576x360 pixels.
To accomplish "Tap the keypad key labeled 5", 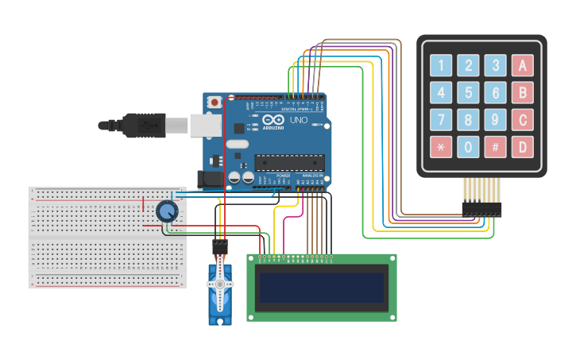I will coord(469,92).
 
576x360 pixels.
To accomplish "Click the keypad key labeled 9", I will coord(496,119).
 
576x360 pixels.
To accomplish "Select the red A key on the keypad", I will coord(522,65).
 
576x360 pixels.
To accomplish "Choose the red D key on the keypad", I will coord(522,146).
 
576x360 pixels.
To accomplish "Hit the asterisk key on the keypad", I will coord(442,146).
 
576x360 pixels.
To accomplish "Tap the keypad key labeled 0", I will coord(469,146).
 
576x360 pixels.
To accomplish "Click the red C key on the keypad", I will coord(522,119).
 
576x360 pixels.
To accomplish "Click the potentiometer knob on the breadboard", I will coord(167,211).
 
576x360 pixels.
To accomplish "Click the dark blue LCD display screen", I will coord(321,288).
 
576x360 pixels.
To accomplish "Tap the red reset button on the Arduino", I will coord(215,102).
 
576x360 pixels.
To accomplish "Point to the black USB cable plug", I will coord(143,125).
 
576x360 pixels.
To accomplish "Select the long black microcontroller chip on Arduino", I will coord(288,163).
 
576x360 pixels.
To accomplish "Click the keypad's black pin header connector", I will coord(481,209).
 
